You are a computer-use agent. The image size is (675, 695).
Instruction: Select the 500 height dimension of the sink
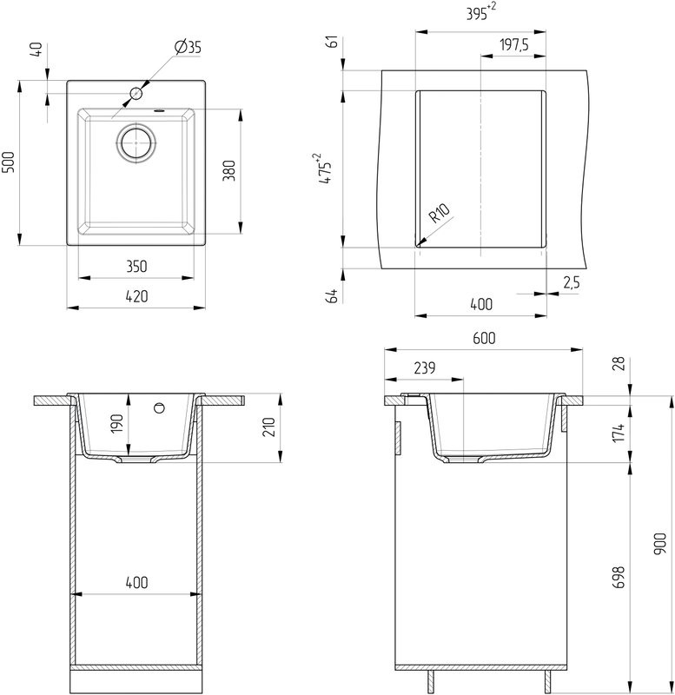[9, 162]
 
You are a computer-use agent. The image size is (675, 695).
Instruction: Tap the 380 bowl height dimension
[229, 171]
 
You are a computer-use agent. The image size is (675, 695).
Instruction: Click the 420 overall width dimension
[136, 296]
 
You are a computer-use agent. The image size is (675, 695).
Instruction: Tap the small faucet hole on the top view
[136, 92]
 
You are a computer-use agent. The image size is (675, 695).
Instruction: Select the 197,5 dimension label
[515, 45]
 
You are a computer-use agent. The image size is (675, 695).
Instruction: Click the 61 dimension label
[330, 44]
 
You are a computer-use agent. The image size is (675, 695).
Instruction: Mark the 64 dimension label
[330, 295]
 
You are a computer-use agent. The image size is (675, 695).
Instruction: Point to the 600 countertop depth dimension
[483, 339]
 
